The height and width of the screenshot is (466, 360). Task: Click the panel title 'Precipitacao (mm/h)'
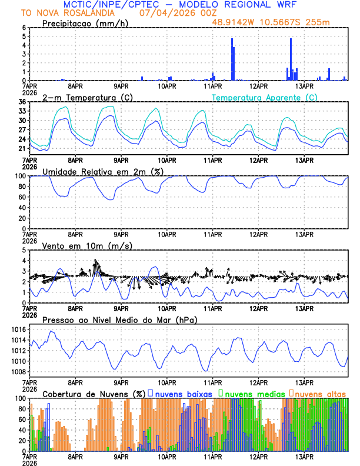82,24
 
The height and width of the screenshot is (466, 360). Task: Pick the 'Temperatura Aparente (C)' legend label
265,97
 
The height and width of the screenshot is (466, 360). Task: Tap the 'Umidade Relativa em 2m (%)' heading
102,171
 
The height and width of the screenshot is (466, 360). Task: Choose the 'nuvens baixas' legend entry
180,394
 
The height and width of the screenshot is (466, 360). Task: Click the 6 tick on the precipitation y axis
24,28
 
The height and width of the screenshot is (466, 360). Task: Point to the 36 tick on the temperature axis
22,102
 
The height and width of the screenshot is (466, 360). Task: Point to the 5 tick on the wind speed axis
24,250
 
